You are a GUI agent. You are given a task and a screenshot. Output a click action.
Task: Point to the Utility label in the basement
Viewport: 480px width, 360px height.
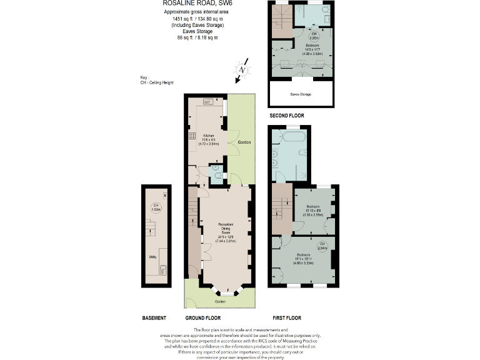tap(152, 256)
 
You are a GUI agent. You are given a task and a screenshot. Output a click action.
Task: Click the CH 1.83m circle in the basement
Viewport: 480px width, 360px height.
tap(154, 207)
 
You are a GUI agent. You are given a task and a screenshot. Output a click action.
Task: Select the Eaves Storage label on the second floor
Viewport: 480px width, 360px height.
tap(301, 94)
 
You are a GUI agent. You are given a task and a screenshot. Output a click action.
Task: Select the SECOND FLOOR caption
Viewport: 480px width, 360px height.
tap(286, 116)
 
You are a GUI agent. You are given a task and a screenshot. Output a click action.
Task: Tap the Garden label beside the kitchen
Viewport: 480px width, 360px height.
tap(245, 143)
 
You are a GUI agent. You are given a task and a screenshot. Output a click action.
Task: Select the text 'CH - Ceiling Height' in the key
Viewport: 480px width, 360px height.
tap(157, 82)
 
